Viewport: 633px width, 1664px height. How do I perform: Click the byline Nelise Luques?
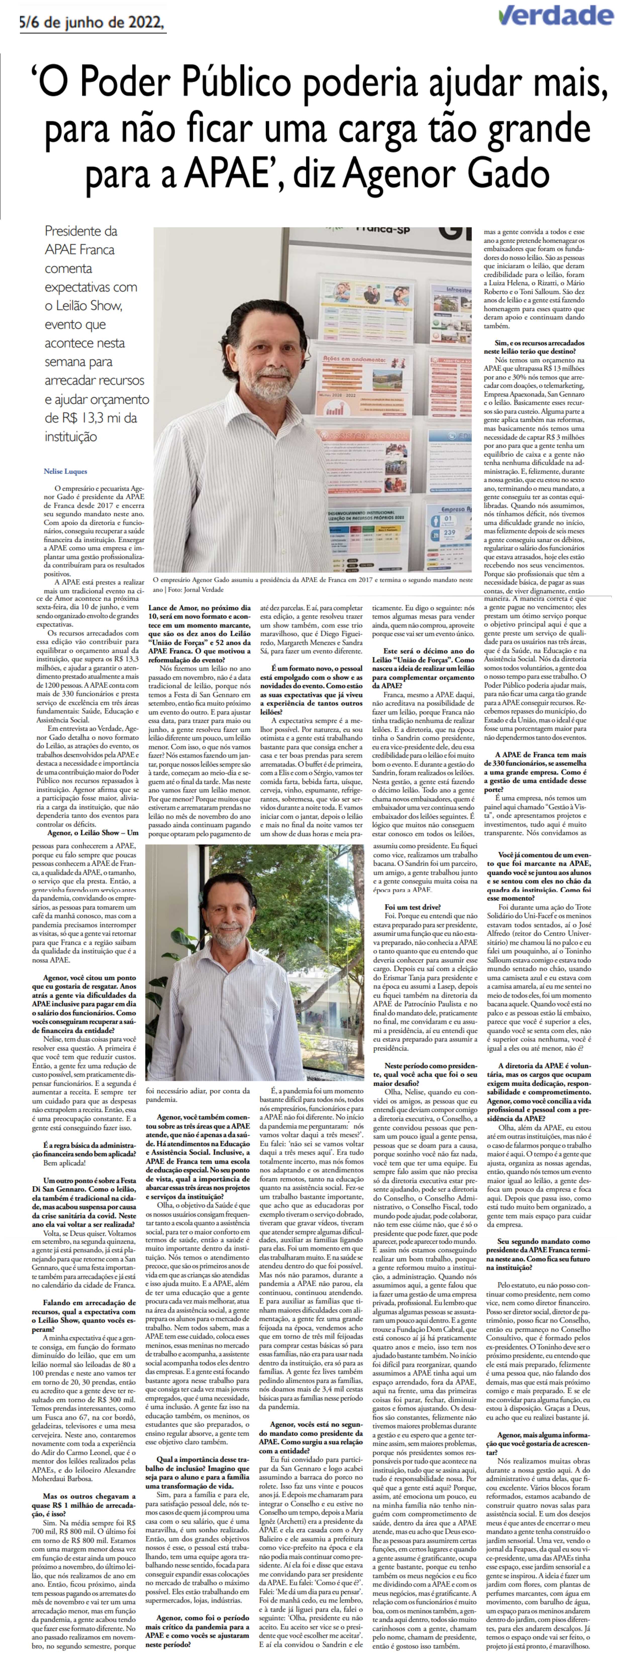65,471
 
